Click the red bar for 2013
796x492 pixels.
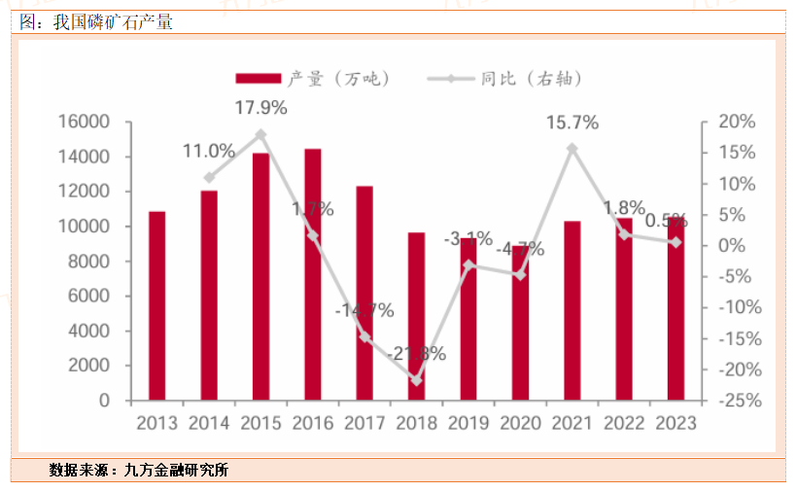click(x=156, y=305)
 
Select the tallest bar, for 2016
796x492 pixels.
click(x=313, y=274)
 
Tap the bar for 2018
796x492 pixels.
click(x=416, y=316)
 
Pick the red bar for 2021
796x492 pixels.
click(x=572, y=310)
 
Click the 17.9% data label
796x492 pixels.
click(x=260, y=108)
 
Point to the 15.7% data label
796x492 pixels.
click(x=572, y=123)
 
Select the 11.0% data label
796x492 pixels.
click(x=209, y=151)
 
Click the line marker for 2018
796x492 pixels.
click(x=416, y=380)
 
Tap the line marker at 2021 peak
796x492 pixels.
click(x=572, y=149)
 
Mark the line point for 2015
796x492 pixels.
click(x=260, y=134)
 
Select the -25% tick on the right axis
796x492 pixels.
click(x=735, y=401)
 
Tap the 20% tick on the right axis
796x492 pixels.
click(x=737, y=122)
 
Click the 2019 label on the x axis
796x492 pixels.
click(x=468, y=424)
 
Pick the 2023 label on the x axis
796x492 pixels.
click(x=676, y=424)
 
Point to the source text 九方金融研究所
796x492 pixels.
click(x=177, y=471)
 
